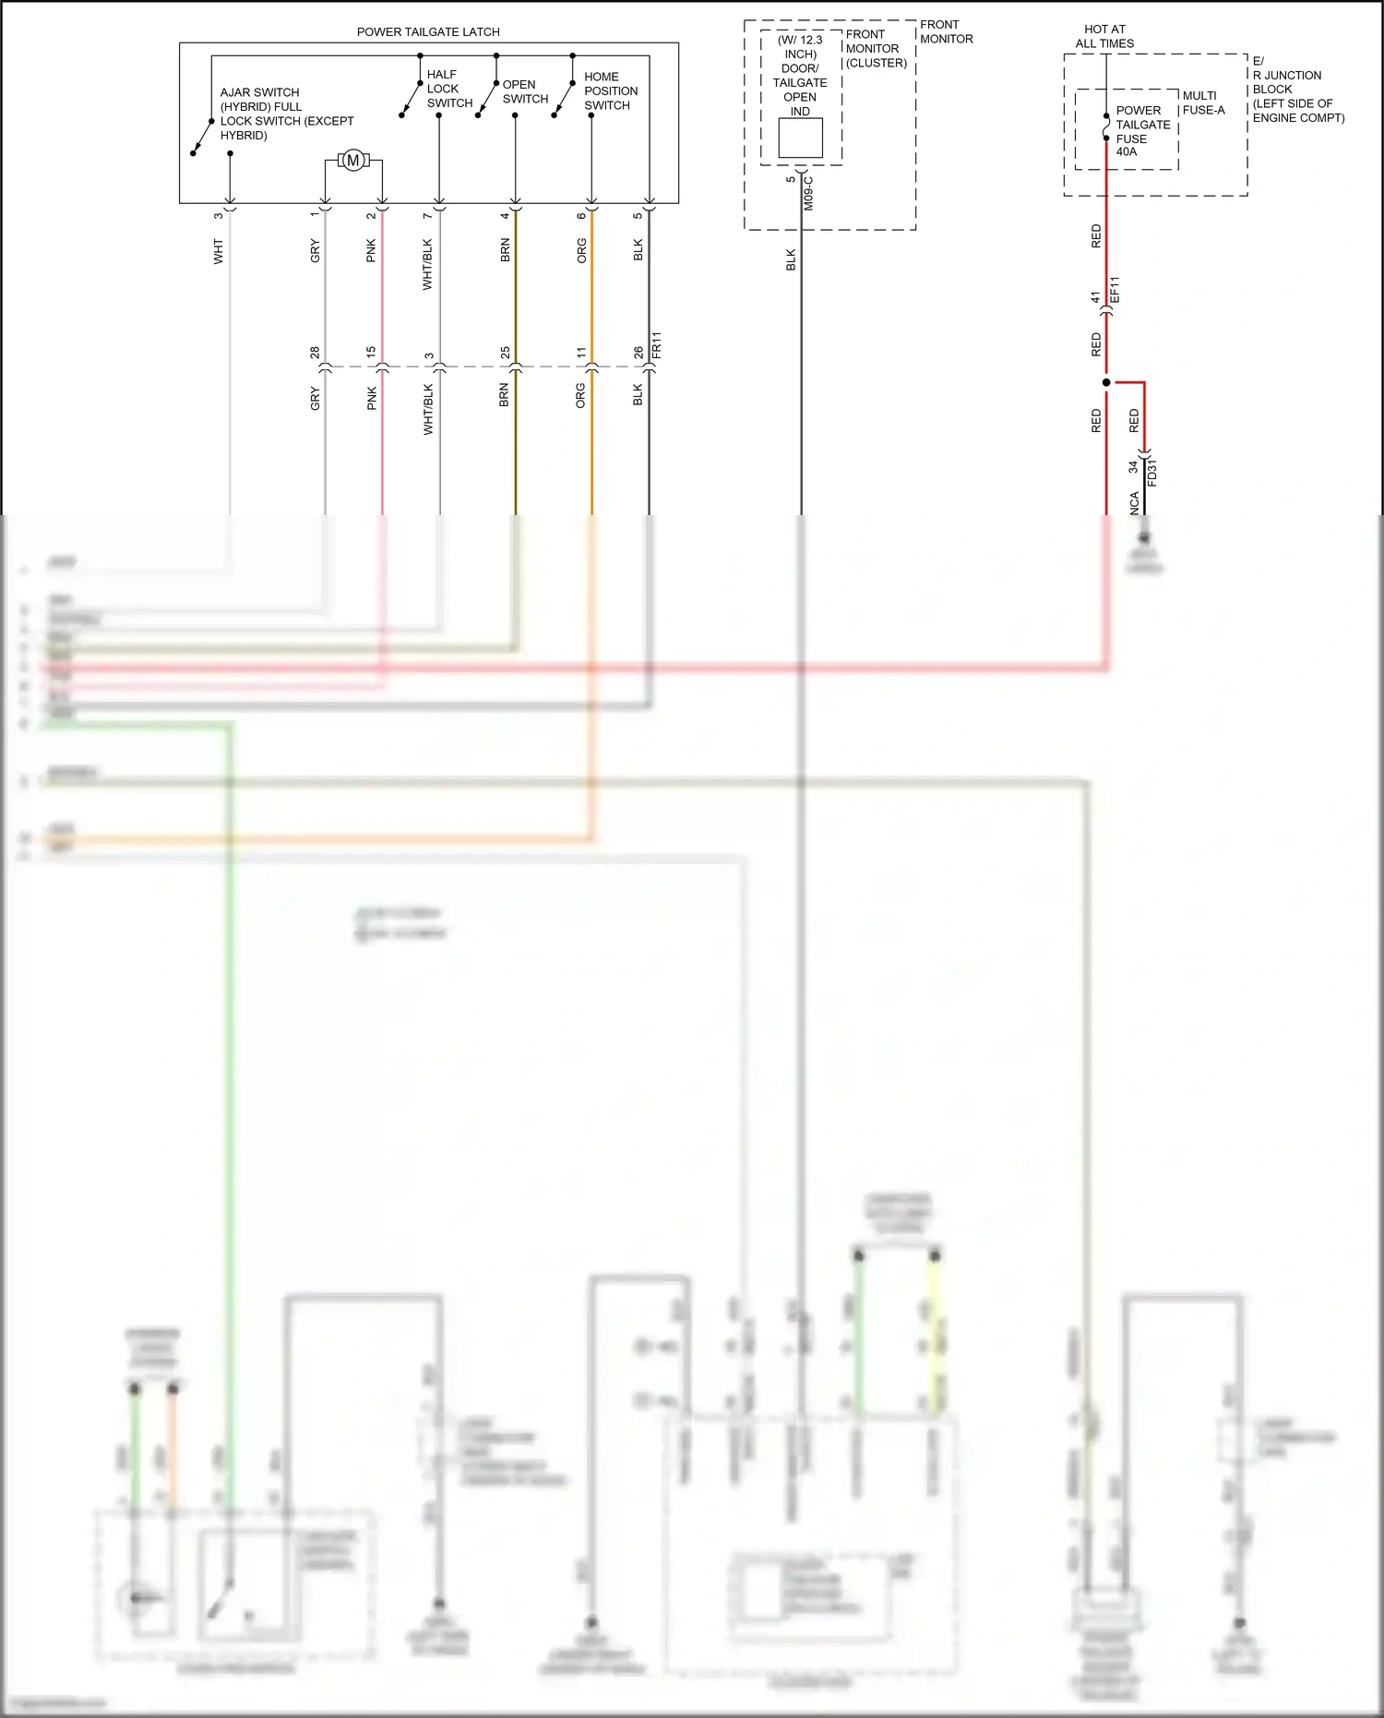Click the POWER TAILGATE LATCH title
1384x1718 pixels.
tap(428, 32)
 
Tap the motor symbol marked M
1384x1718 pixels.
tap(352, 161)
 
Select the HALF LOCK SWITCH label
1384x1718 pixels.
tap(449, 89)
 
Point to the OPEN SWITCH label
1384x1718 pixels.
tap(525, 91)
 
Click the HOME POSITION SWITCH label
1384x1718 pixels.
tap(610, 91)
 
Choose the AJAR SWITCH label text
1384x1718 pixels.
tap(286, 114)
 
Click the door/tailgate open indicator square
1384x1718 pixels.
tap(800, 138)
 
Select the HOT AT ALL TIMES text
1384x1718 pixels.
tap(1104, 37)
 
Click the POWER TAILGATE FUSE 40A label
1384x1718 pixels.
tap(1142, 131)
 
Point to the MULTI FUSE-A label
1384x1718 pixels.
tap(1203, 102)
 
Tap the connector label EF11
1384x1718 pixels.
tap(1115, 290)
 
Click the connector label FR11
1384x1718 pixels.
tap(657, 345)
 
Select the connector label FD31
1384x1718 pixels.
tap(1152, 473)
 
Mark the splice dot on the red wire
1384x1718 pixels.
tap(1106, 382)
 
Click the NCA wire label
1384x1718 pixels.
tap(1135, 503)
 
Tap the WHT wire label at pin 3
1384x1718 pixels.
tap(219, 251)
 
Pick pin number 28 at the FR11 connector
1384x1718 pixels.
tap(316, 353)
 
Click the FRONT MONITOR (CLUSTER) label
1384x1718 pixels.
tap(876, 49)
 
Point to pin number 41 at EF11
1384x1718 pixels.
tap(1096, 297)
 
